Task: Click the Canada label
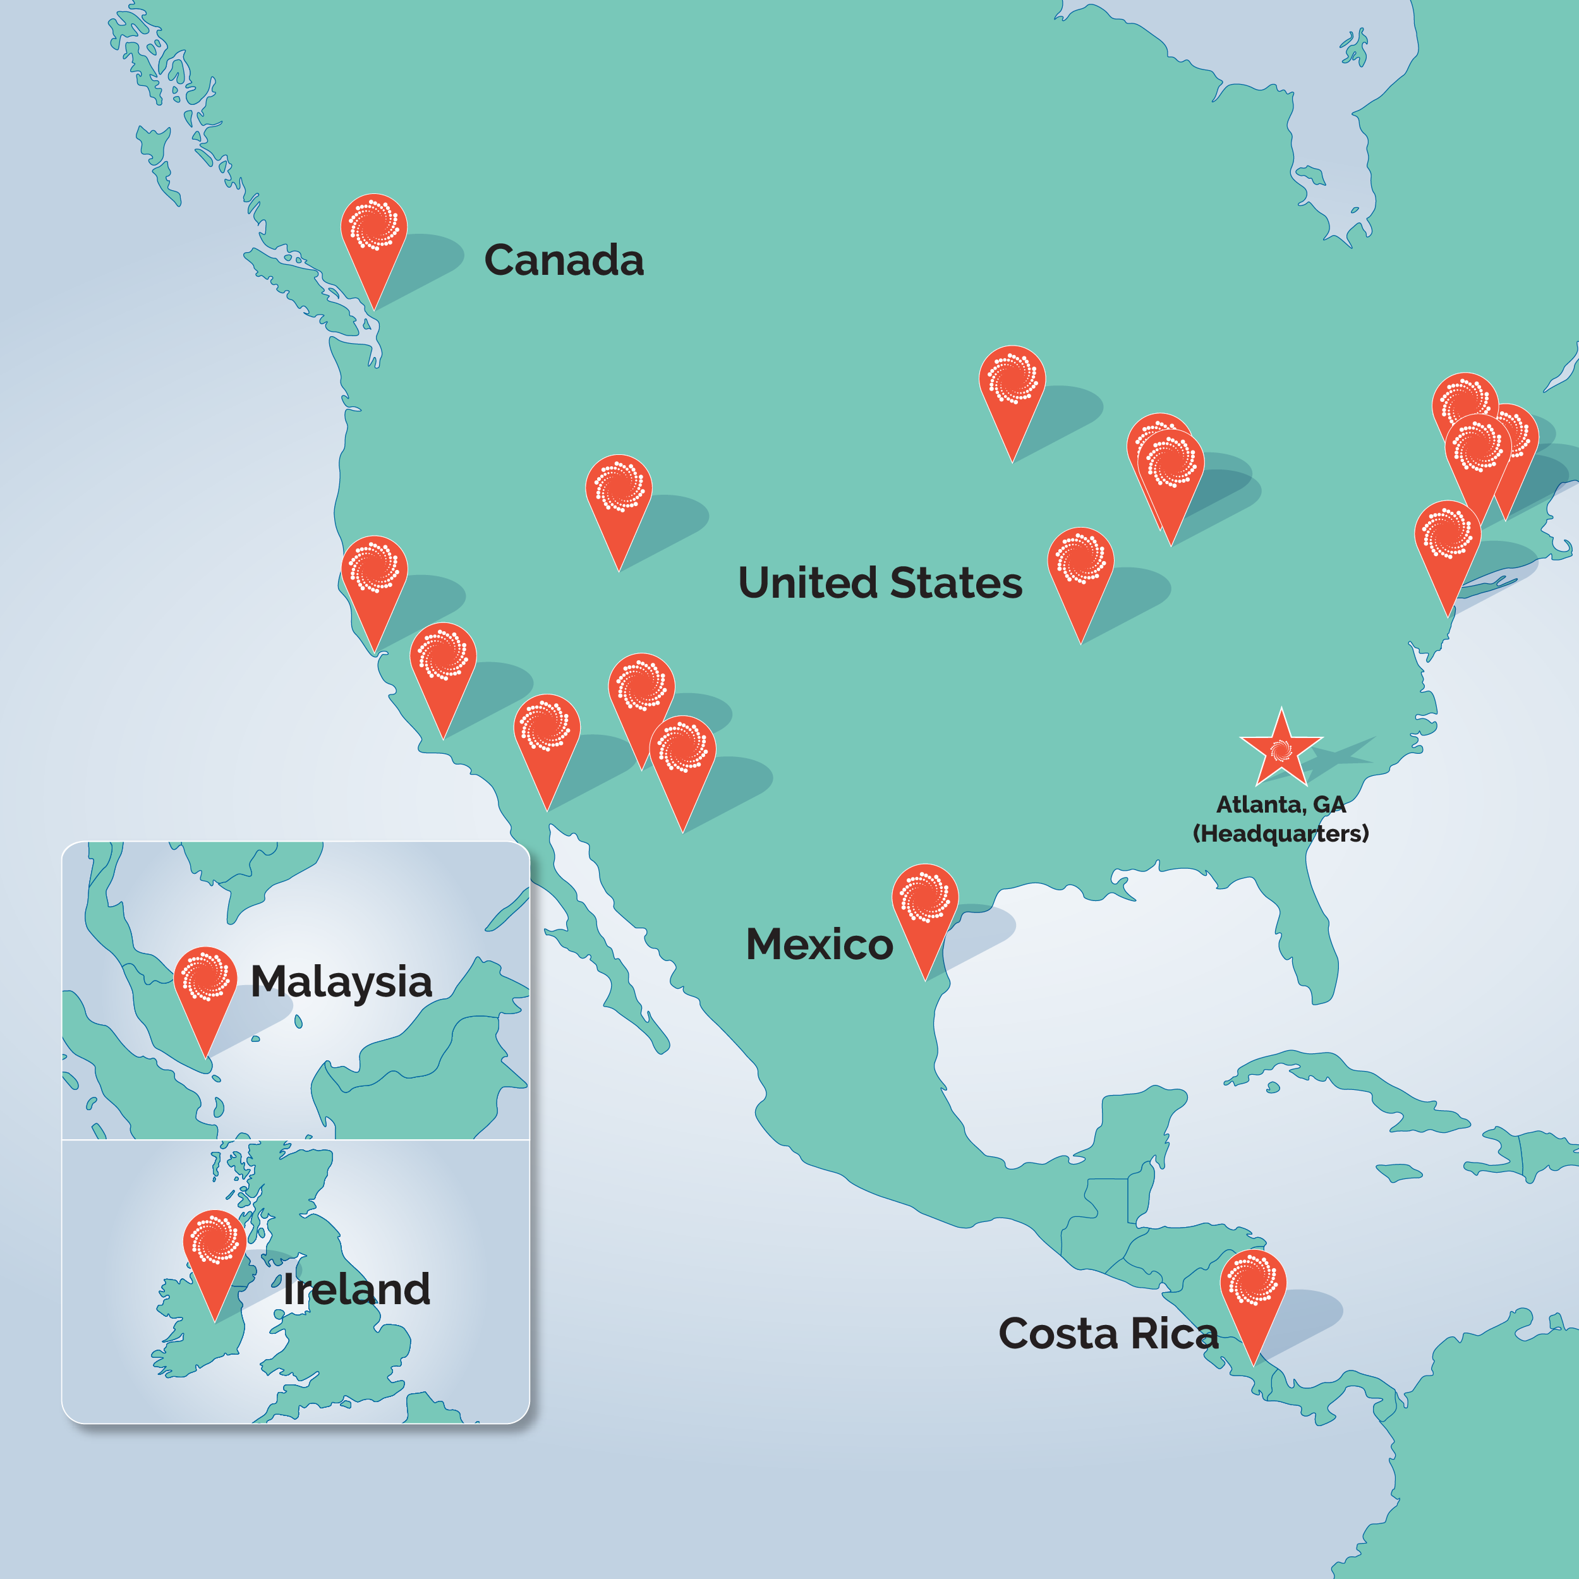pyautogui.click(x=564, y=260)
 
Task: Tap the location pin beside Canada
pyautogui.click(x=373, y=229)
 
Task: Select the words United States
pyautogui.click(x=880, y=583)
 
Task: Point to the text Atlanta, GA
pyautogui.click(x=1281, y=805)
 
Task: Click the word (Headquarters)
pyautogui.click(x=1281, y=833)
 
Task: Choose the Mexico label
pyautogui.click(x=819, y=944)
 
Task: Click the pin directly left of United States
pyautogui.click(x=619, y=490)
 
